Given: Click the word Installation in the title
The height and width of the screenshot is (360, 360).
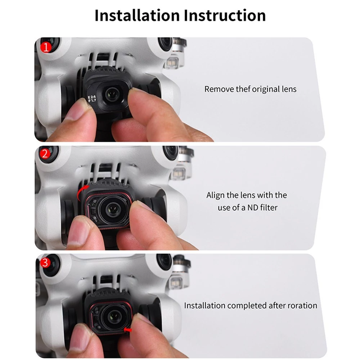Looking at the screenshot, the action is pyautogui.click(x=137, y=15).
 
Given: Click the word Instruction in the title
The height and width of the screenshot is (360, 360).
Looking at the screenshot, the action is pyautogui.click(x=225, y=15).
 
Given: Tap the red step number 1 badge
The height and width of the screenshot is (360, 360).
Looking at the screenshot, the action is pyautogui.click(x=46, y=47).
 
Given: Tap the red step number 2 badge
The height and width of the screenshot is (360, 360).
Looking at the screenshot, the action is pyautogui.click(x=45, y=154).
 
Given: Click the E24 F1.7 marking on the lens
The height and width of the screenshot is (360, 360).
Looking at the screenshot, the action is pyautogui.click(x=92, y=99).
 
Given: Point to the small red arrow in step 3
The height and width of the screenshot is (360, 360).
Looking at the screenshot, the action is pyautogui.click(x=128, y=330).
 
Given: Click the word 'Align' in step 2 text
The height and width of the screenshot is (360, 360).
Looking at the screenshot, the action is pyautogui.click(x=215, y=195).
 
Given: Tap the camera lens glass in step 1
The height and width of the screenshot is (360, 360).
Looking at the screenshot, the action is pyautogui.click(x=112, y=94).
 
